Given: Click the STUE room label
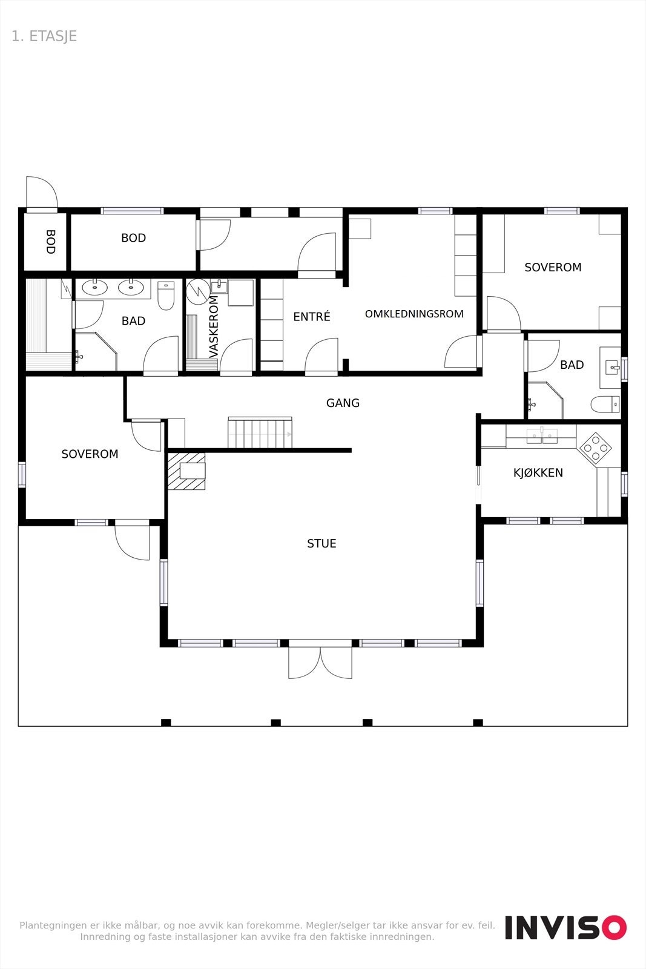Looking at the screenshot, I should [321, 543].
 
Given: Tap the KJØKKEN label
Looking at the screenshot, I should [538, 472].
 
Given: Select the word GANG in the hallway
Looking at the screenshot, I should [343, 403].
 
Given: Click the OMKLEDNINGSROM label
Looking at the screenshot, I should [414, 314].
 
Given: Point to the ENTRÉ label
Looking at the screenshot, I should [312, 316].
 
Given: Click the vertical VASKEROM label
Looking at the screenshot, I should [214, 327].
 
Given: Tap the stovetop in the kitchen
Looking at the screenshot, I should [595, 448].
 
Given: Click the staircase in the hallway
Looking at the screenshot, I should [260, 433].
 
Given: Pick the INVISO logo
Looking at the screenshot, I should [565, 927].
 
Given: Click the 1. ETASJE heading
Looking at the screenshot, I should [44, 36].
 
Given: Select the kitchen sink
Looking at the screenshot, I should [542, 435].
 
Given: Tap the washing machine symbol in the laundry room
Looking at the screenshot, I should [197, 291].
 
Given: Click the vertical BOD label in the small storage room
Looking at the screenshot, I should [50, 241].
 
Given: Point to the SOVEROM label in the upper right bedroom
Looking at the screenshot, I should [552, 267].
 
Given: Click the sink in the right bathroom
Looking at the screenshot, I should [611, 366].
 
